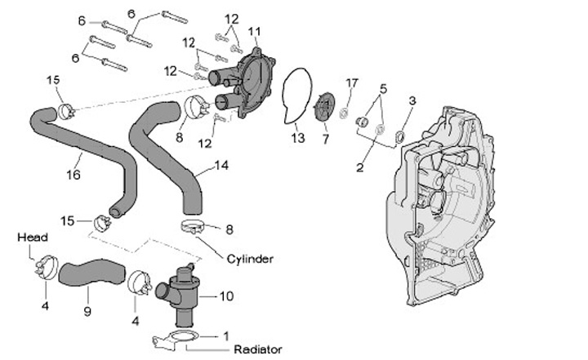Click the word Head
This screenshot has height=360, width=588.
tap(33, 237)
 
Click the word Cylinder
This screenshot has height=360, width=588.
tap(250, 259)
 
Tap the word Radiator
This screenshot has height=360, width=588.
tap(258, 349)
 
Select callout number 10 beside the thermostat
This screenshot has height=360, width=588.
tap(226, 296)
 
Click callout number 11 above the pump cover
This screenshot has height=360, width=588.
tap(254, 31)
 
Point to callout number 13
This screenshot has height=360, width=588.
tap(298, 138)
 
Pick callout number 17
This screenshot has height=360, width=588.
tap(352, 83)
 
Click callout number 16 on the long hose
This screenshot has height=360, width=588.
tap(73, 175)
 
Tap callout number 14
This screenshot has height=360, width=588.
tap(221, 165)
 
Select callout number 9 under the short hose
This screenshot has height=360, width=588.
tap(87, 311)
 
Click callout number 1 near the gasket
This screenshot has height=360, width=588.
tap(225, 336)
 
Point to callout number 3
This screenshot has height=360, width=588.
tap(412, 100)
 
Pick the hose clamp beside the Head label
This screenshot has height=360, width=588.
tap(47, 267)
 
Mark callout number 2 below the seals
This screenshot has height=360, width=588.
tap(360, 167)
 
